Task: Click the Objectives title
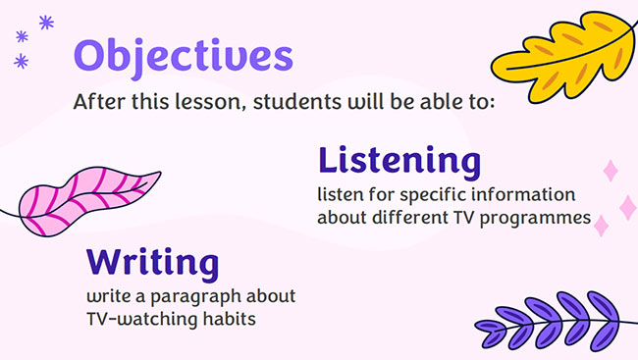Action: (x=184, y=55)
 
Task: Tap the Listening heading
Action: (x=399, y=160)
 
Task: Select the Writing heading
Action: (x=152, y=263)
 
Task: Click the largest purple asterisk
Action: (x=45, y=22)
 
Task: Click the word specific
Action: (x=440, y=193)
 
